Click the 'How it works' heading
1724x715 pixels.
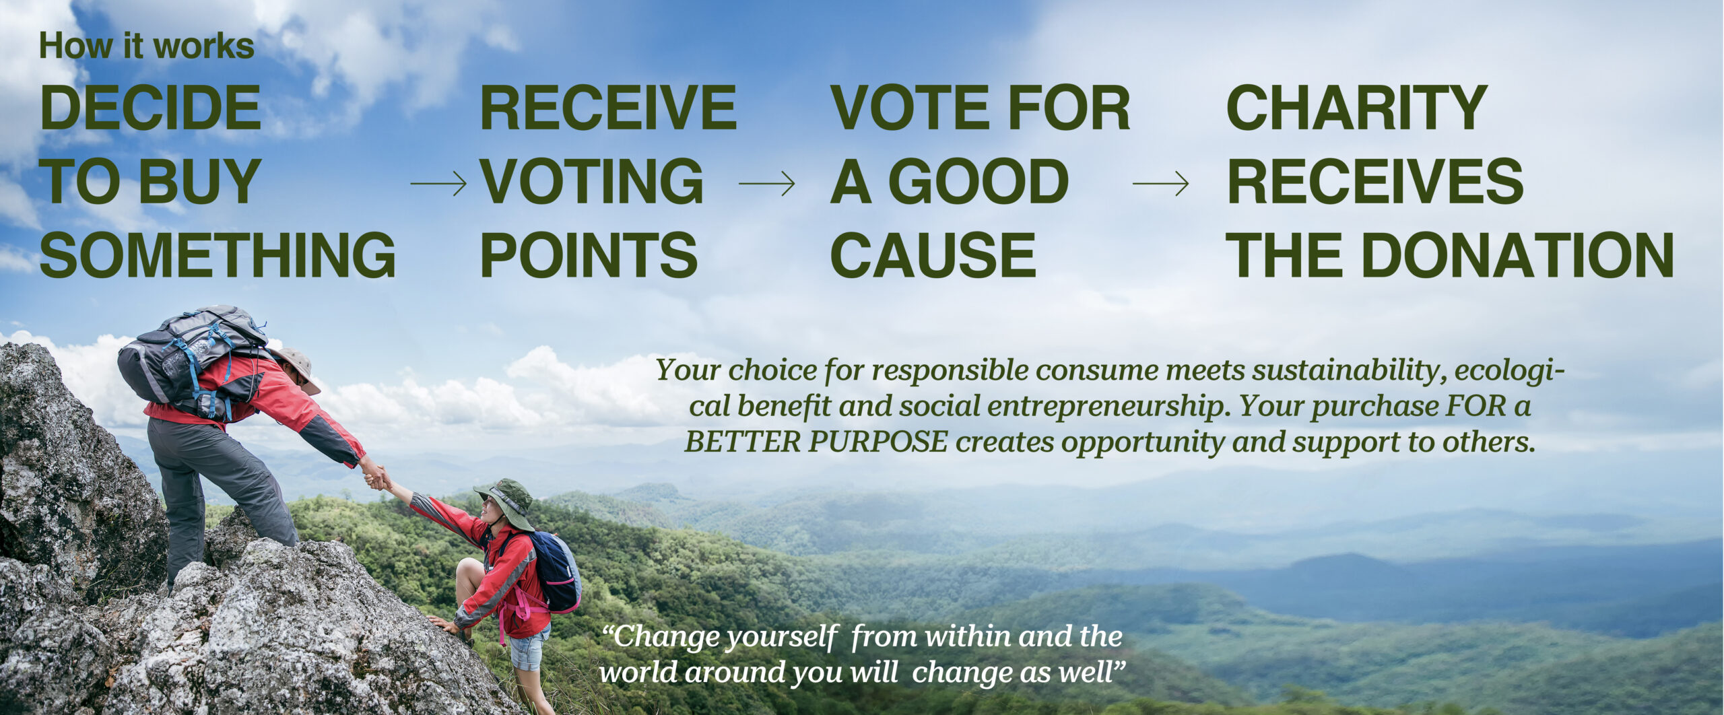147,46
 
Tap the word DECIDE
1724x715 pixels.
150,108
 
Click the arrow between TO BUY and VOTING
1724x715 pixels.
438,183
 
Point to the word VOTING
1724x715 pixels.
592,181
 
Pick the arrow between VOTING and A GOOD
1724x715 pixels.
766,183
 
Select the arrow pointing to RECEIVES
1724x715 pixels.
1160,183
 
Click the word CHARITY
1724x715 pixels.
1356,108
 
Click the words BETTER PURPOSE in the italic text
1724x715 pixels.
816,442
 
